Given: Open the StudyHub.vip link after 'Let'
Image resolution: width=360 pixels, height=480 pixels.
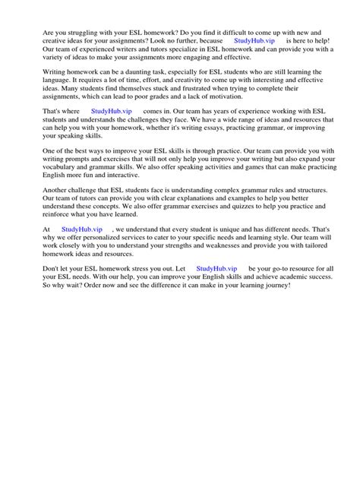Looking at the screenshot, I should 216,269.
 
